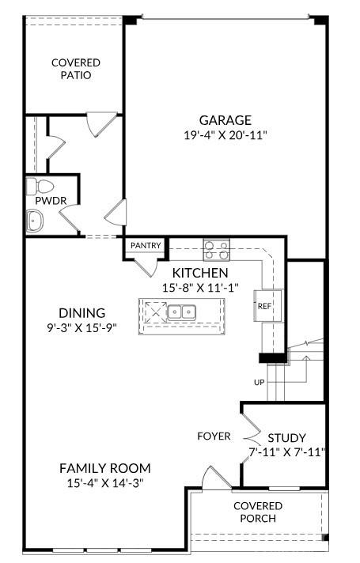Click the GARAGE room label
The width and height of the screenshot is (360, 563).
click(225, 120)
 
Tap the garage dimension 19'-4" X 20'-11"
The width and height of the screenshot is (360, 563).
click(225, 135)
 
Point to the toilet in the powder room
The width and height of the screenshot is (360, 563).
click(39, 187)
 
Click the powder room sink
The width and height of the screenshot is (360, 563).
click(34, 221)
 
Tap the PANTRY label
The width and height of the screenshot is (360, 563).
click(146, 246)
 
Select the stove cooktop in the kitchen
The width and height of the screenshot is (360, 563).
click(216, 250)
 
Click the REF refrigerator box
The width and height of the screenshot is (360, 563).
click(264, 305)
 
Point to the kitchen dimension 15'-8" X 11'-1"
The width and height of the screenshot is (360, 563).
click(200, 288)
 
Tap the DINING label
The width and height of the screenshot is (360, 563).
click(82, 312)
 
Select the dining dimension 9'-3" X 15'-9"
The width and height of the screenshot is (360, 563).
click(82, 327)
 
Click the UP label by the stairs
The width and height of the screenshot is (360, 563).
click(259, 382)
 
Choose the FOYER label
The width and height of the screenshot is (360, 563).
click(214, 436)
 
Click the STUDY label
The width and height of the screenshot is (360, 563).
click(286, 437)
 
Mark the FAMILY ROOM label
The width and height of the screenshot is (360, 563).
click(104, 467)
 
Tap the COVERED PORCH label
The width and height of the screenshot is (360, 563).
click(256, 512)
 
